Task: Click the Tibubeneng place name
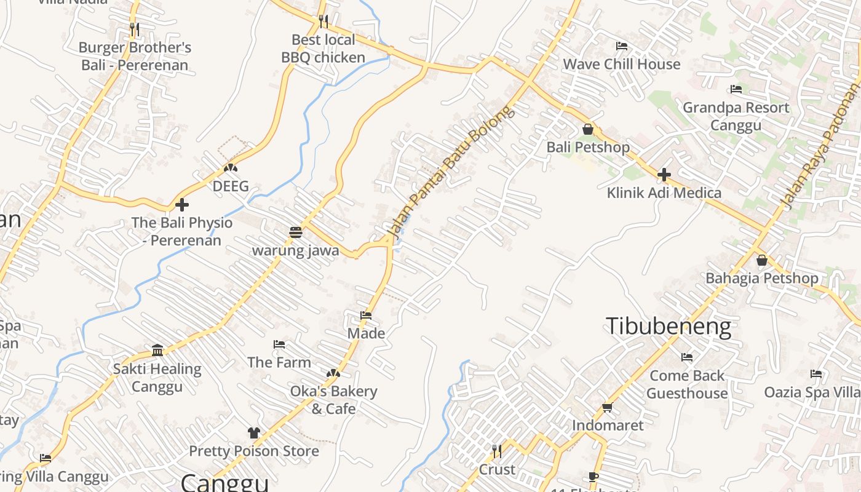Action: (x=669, y=326)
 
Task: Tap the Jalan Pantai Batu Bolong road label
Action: (x=449, y=173)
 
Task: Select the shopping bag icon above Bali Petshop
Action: (x=588, y=129)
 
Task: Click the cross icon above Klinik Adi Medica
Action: (x=664, y=175)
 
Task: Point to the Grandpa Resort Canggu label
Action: (x=736, y=116)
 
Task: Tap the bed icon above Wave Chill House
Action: (x=622, y=46)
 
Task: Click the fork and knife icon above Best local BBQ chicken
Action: (x=323, y=22)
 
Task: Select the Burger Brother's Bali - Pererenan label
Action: (x=135, y=56)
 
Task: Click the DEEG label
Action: (x=231, y=186)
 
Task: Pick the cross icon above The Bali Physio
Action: (x=181, y=205)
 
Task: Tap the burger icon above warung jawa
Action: (x=296, y=232)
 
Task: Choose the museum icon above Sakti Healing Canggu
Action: (x=157, y=351)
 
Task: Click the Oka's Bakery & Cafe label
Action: (x=333, y=400)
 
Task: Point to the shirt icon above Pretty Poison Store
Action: (x=253, y=433)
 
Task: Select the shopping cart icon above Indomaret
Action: (x=608, y=407)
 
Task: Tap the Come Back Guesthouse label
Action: (x=687, y=384)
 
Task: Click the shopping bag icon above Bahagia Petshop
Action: (x=762, y=260)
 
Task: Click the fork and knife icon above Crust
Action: (x=497, y=451)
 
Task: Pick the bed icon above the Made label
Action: (x=366, y=315)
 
